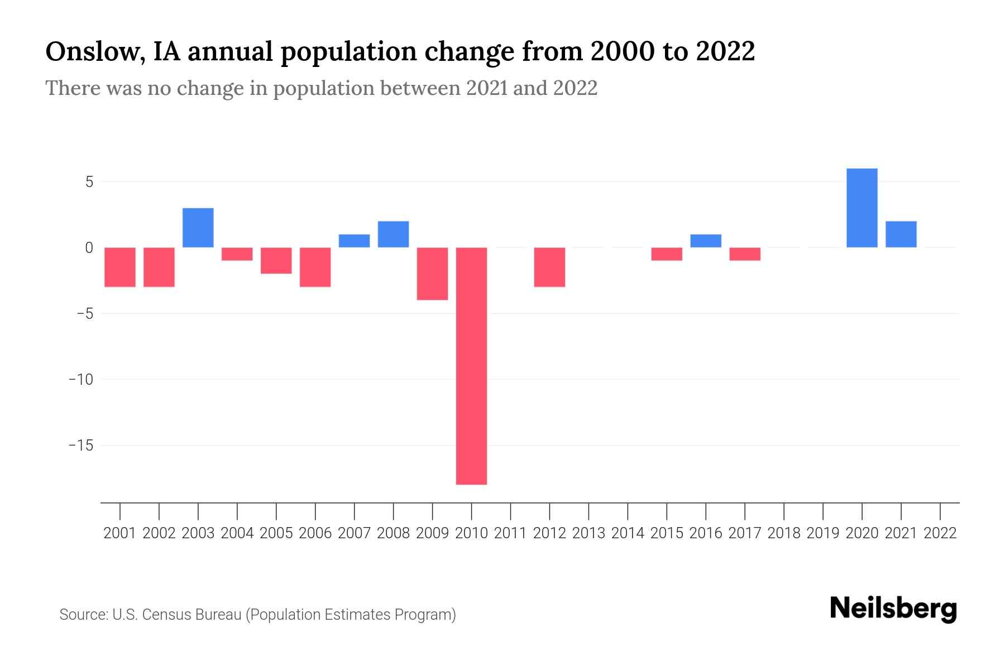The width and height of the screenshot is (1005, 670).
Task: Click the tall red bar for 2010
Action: [x=471, y=366]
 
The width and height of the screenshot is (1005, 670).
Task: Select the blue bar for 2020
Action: [x=862, y=208]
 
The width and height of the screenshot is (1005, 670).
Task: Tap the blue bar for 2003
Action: [x=198, y=228]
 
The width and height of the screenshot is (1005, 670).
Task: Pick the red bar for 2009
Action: [x=432, y=274]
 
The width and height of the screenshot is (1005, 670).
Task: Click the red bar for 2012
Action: [x=549, y=267]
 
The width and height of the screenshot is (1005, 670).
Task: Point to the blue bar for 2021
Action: [x=901, y=234]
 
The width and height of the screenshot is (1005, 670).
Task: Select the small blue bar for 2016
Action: [x=706, y=241]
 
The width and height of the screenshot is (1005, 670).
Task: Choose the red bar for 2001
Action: [x=120, y=267]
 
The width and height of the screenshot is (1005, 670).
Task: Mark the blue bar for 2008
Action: [x=393, y=234]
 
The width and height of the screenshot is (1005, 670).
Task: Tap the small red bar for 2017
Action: [x=745, y=254]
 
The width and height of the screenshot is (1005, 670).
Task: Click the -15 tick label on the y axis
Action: [x=80, y=446]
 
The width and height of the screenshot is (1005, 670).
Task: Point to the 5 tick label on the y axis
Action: [x=89, y=182]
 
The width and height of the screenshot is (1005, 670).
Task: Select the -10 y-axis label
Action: [x=80, y=380]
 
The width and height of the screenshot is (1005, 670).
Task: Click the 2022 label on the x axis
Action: [x=940, y=533]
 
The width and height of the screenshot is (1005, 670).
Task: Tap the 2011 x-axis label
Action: [x=510, y=533]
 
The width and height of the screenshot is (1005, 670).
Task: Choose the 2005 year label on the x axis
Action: [x=276, y=533]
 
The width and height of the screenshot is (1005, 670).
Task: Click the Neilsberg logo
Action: [x=893, y=609]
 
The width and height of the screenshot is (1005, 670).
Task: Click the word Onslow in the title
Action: [x=92, y=52]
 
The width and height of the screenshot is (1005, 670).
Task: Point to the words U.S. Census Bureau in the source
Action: [x=177, y=615]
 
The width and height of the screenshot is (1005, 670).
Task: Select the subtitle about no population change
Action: [x=321, y=88]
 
